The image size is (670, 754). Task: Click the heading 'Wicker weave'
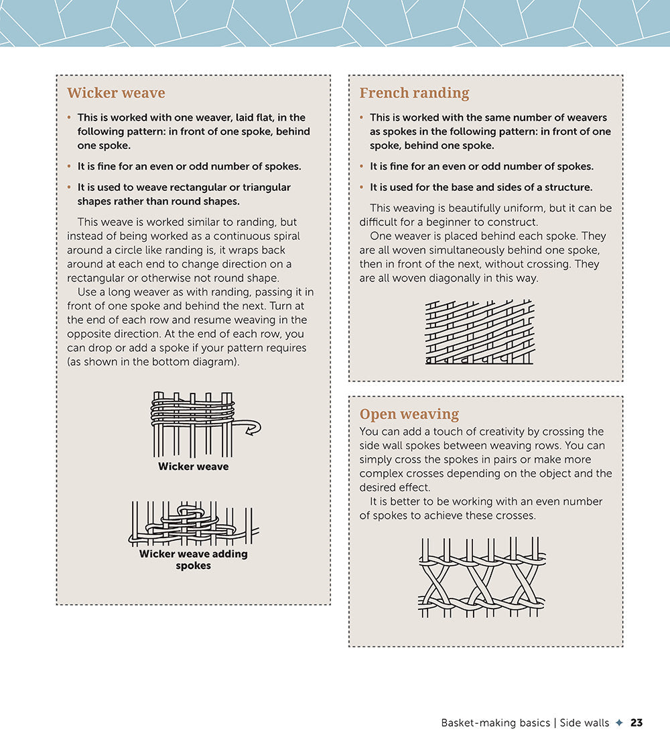click(x=116, y=93)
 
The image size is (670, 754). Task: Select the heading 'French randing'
click(x=414, y=93)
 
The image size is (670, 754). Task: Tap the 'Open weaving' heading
click(x=409, y=414)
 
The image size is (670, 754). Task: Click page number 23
click(x=636, y=722)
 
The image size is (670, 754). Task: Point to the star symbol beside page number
click(x=619, y=722)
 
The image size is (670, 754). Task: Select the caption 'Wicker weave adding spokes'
click(x=193, y=560)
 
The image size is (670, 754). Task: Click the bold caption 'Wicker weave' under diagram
click(x=193, y=466)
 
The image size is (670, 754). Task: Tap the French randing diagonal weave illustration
click(x=480, y=332)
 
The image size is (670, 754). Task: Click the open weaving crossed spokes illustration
click(x=482, y=577)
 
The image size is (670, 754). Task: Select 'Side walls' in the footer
click(x=584, y=722)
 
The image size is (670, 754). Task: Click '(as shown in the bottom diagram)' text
click(x=153, y=362)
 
